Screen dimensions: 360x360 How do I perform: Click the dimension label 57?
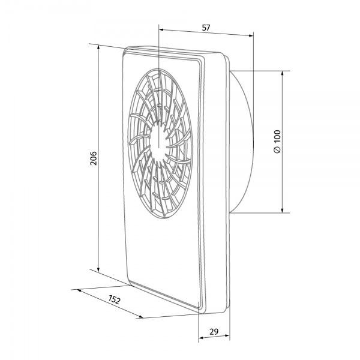point(206,28)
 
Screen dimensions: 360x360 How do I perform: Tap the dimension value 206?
point(94,158)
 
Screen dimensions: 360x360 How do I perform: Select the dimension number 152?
point(115,299)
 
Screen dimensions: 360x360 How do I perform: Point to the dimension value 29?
point(214,332)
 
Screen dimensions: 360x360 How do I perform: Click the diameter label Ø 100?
point(277,142)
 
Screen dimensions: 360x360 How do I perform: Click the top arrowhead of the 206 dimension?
point(98,47)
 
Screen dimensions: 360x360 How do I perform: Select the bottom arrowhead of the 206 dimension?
point(98,269)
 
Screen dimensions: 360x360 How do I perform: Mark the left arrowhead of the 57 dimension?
point(161,29)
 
